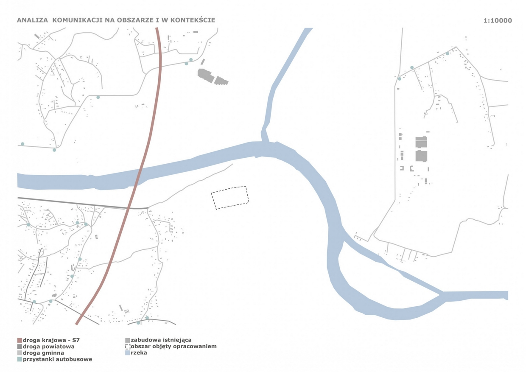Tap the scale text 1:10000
[x=497, y=20]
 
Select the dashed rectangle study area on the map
[x=230, y=198]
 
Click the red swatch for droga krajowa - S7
[x=20, y=340]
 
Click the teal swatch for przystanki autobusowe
[x=20, y=359]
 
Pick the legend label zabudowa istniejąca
[x=161, y=340]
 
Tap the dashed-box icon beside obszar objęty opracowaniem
[x=128, y=347]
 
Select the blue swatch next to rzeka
[x=128, y=353]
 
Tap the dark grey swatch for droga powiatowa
[x=20, y=347]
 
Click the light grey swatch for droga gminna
[x=20, y=353]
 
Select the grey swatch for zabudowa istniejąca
[x=128, y=340]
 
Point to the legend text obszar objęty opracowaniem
[x=174, y=347]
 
